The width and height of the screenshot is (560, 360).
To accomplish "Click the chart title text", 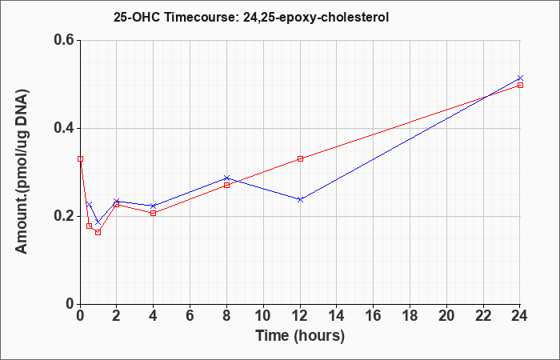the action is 251,17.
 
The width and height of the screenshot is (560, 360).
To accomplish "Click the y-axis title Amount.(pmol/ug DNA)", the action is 22,171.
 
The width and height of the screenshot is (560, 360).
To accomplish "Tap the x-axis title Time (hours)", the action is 300,336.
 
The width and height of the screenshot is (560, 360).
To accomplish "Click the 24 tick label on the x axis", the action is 519,315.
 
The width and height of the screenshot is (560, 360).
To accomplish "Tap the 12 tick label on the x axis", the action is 300,315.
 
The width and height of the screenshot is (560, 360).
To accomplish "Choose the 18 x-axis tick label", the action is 410,315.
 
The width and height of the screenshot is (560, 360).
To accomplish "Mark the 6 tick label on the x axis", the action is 190,315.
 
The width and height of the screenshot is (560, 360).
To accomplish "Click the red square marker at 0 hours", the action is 80,158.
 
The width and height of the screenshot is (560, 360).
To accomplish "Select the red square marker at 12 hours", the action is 300,158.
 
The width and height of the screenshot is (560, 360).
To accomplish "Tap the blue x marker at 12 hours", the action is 300,200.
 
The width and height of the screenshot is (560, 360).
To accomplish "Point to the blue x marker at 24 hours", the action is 520,78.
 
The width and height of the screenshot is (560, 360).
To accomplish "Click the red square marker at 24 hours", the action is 520,85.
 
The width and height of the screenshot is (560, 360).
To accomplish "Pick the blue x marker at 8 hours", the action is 226,178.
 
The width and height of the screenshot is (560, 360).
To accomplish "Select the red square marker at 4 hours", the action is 154,214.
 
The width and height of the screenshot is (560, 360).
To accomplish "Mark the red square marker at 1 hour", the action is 98,232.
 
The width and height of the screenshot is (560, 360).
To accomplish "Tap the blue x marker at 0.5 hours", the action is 90,204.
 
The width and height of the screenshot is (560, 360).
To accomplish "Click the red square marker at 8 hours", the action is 226,185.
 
